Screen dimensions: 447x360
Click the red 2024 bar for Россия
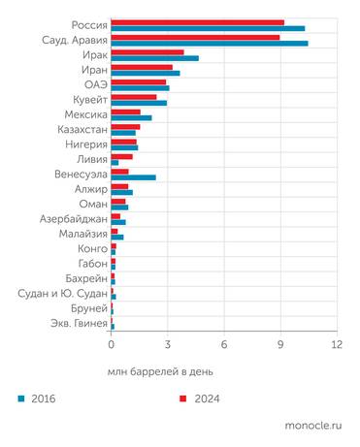[197, 21]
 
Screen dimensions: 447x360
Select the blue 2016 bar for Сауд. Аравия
[210, 44]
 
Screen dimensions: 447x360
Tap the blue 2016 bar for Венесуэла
[133, 177]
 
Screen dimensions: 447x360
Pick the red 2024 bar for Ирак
[147, 52]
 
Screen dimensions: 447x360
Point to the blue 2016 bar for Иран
[146, 74]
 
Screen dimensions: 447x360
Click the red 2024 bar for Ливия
[121, 156]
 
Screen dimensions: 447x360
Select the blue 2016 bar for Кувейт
[139, 103]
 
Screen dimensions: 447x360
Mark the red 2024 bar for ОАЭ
[139, 81]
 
